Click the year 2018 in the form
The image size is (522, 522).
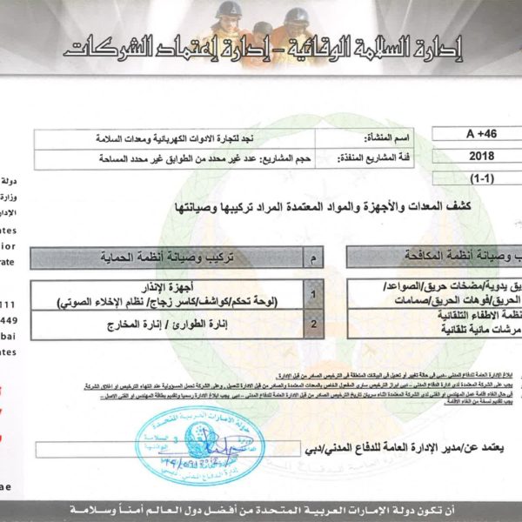[480, 157]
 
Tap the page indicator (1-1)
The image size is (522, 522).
[479, 177]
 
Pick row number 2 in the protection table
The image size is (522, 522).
[314, 325]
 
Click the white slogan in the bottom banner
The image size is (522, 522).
[260, 506]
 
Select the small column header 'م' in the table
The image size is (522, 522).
[314, 258]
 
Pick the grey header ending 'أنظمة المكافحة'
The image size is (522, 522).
[436, 258]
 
